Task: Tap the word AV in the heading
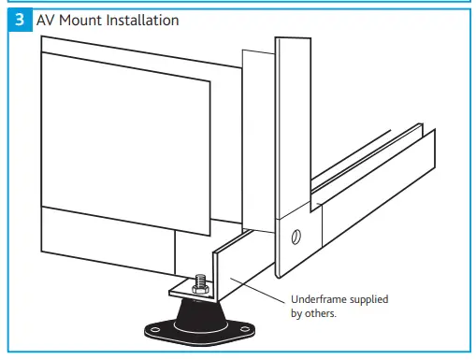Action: tap(47, 20)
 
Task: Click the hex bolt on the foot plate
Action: tap(199, 281)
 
